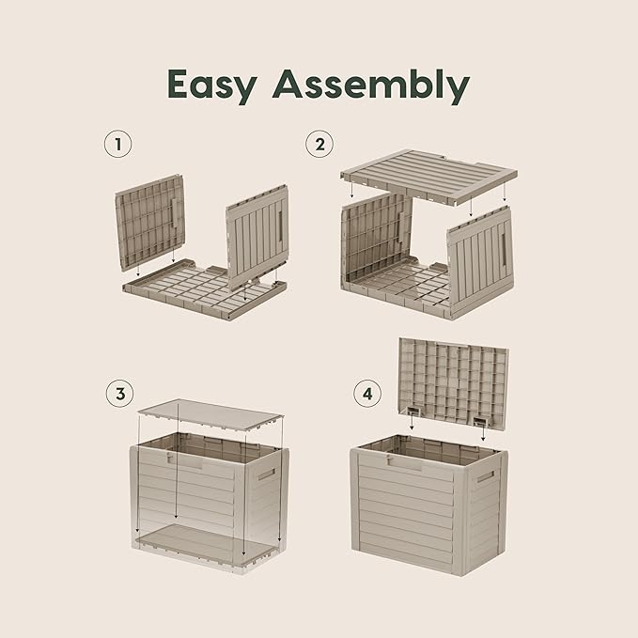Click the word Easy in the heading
click(212, 86)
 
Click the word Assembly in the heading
click(370, 86)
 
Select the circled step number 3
click(118, 393)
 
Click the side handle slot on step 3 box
click(266, 475)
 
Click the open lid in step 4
click(454, 381)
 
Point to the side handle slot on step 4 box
click(485, 476)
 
